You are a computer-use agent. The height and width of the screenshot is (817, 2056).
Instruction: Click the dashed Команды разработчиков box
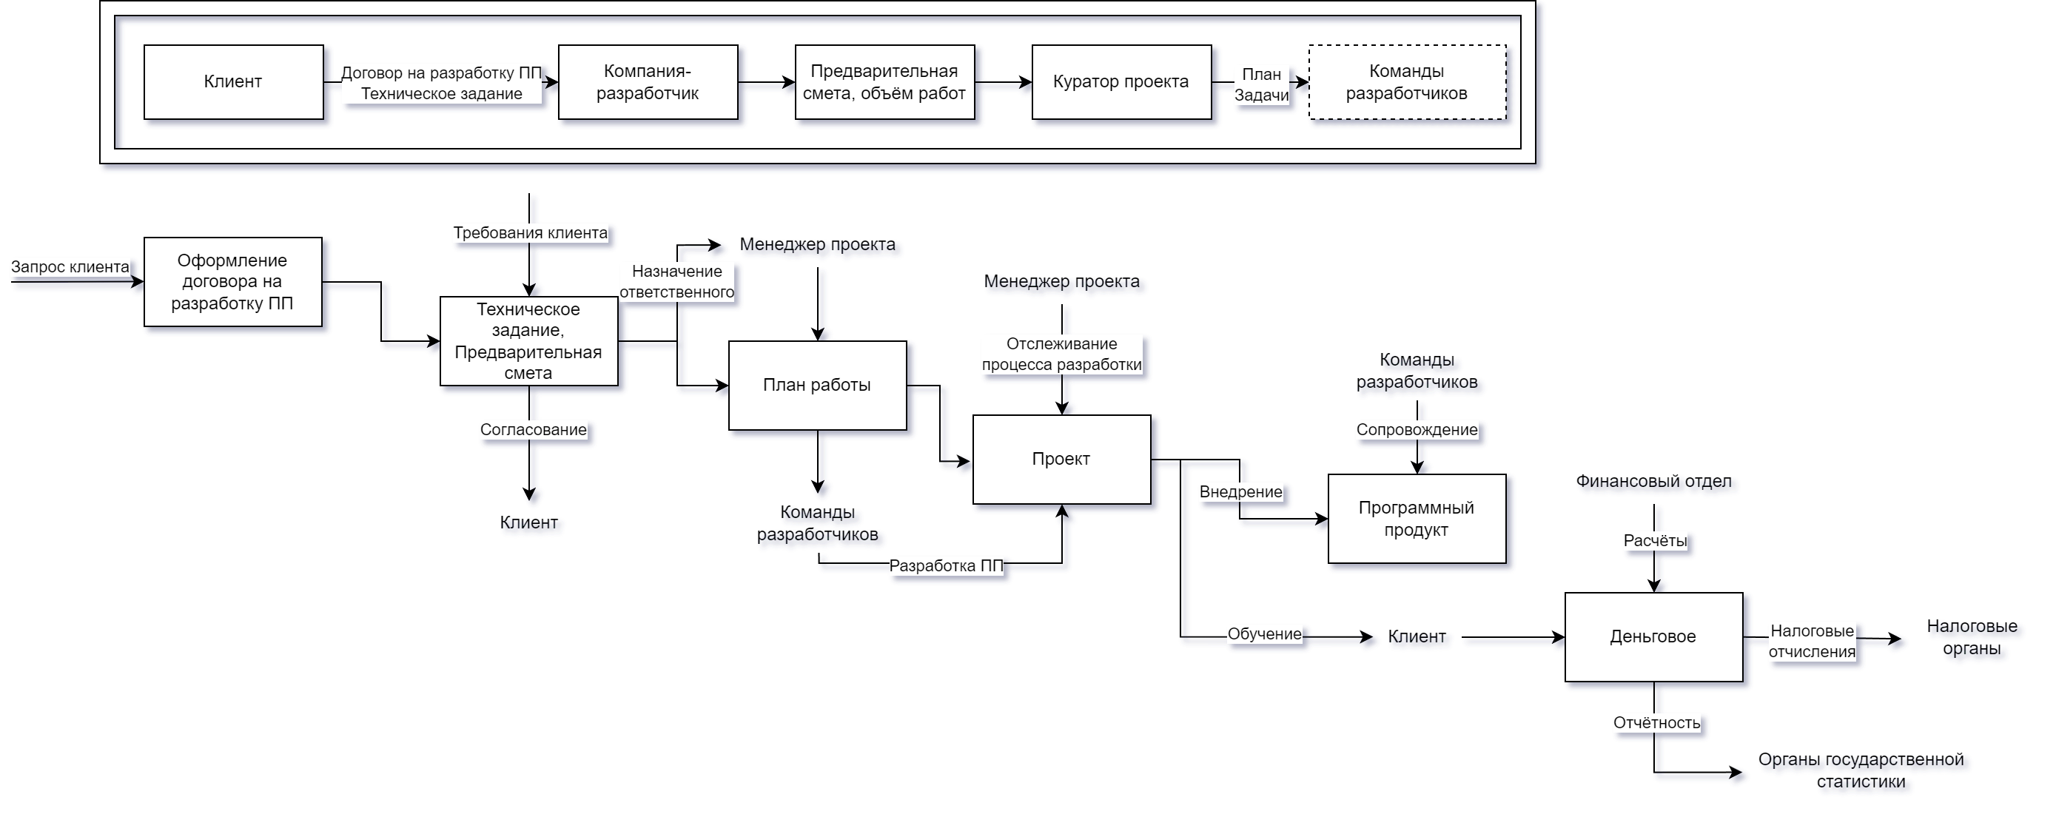1406,82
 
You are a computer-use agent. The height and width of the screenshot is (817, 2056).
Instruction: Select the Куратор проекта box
1121,82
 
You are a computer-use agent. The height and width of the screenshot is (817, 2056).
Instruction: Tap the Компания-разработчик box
648,82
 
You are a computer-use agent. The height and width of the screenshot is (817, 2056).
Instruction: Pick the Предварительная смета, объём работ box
884,82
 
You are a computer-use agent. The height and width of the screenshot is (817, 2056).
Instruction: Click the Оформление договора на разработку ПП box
232,282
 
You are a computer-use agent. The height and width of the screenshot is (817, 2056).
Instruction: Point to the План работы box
816,386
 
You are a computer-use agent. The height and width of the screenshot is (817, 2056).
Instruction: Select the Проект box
1061,459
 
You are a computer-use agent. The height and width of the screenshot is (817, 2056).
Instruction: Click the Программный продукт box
1416,519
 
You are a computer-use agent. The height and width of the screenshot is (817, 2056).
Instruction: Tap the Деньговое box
1653,636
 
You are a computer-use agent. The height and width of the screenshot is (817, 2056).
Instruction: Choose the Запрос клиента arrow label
70,266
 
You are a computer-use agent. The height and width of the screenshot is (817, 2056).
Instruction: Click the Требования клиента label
530,233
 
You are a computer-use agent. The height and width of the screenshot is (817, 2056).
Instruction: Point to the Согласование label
533,430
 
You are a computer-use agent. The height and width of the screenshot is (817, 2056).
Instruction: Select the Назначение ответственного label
676,282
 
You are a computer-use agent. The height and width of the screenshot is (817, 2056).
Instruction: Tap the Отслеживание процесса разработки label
1061,354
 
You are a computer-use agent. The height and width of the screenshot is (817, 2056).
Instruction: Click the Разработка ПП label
946,565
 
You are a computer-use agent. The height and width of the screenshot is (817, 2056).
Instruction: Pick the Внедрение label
1240,492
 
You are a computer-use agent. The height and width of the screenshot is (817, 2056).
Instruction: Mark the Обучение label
1264,634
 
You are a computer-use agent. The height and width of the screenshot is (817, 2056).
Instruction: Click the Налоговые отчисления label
1812,642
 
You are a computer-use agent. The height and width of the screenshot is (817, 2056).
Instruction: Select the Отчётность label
1657,723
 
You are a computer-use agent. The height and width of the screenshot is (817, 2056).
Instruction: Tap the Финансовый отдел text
1657,483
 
